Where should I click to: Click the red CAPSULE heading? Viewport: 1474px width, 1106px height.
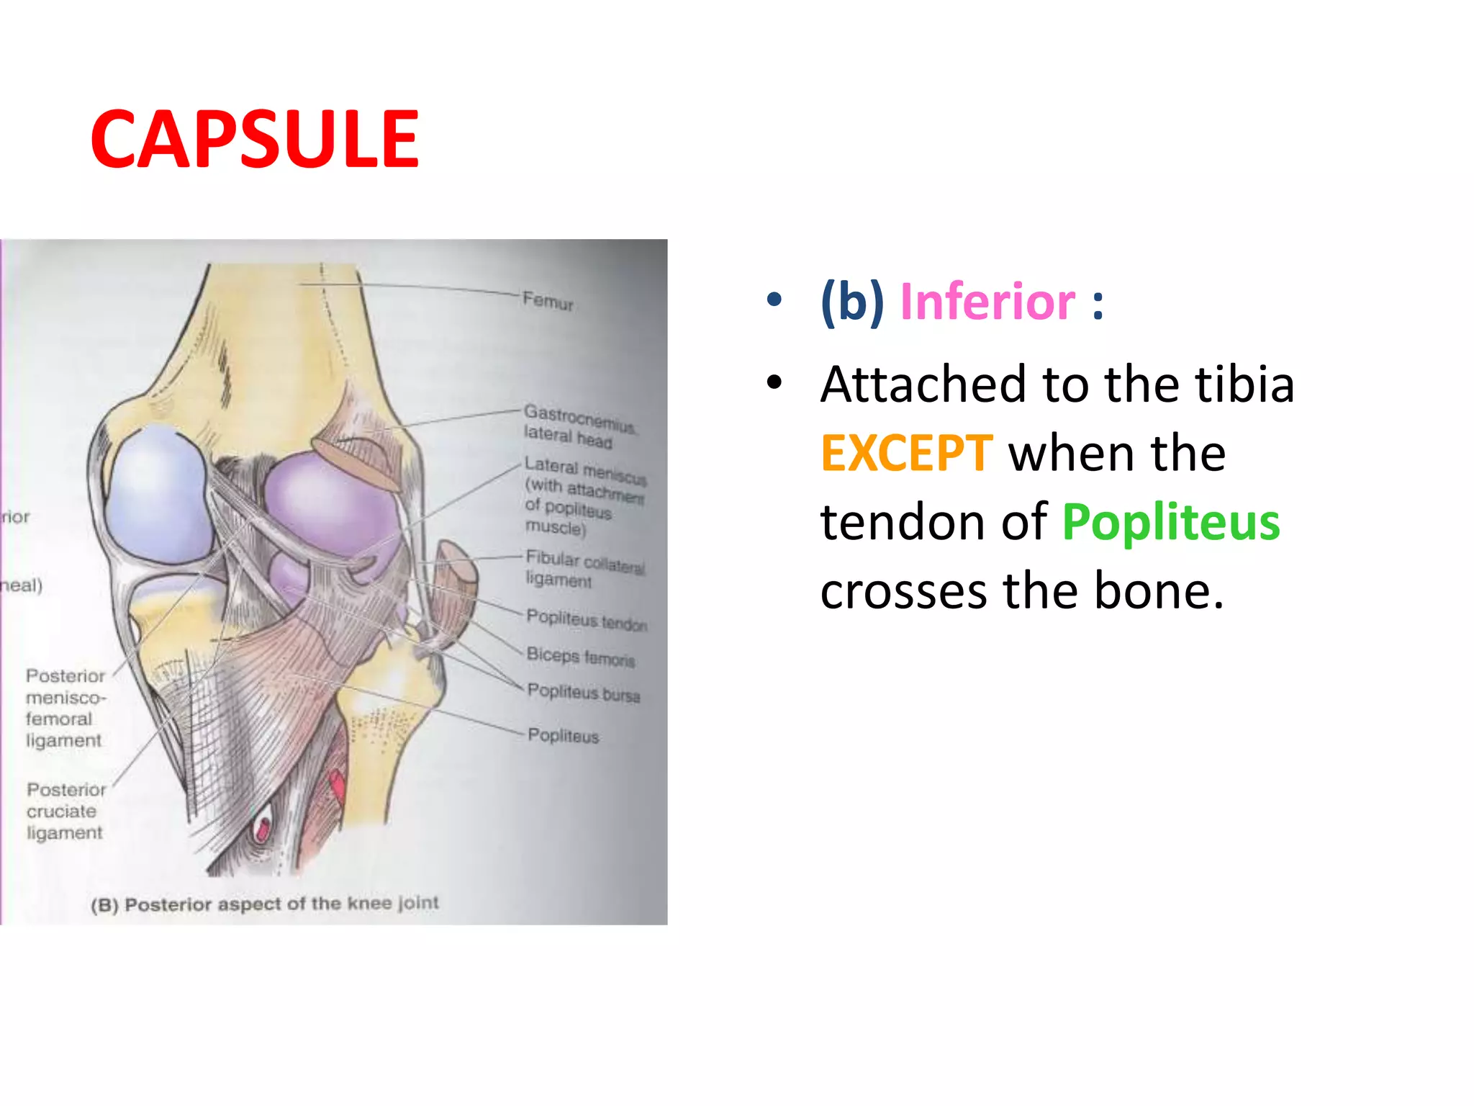click(254, 140)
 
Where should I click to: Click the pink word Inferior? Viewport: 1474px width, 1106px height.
click(987, 302)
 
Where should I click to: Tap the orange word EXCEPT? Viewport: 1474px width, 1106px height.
click(907, 454)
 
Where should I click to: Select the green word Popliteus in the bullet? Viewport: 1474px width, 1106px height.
click(1171, 522)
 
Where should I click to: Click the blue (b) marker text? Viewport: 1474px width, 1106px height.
click(852, 302)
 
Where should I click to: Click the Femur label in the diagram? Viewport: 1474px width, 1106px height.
click(548, 300)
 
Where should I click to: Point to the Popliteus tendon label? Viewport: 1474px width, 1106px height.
click(587, 620)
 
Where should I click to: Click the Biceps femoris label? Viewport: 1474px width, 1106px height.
click(580, 657)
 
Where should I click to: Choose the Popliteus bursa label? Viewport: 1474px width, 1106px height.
click(583, 693)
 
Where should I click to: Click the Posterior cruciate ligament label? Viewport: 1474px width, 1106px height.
click(65, 811)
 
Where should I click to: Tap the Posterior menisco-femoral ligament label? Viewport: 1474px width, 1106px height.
click(65, 708)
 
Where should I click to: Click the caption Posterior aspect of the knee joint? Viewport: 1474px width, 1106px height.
click(265, 904)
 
